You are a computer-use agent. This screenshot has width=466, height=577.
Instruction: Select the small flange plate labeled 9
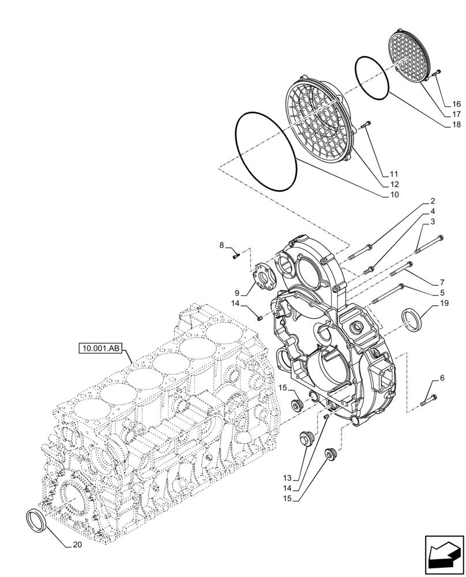pos(264,277)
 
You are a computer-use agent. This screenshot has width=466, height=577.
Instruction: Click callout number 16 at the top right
pos(456,104)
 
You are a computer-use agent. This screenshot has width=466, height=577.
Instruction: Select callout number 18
pos(456,125)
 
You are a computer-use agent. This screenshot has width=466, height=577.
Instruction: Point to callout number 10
pos(393,195)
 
